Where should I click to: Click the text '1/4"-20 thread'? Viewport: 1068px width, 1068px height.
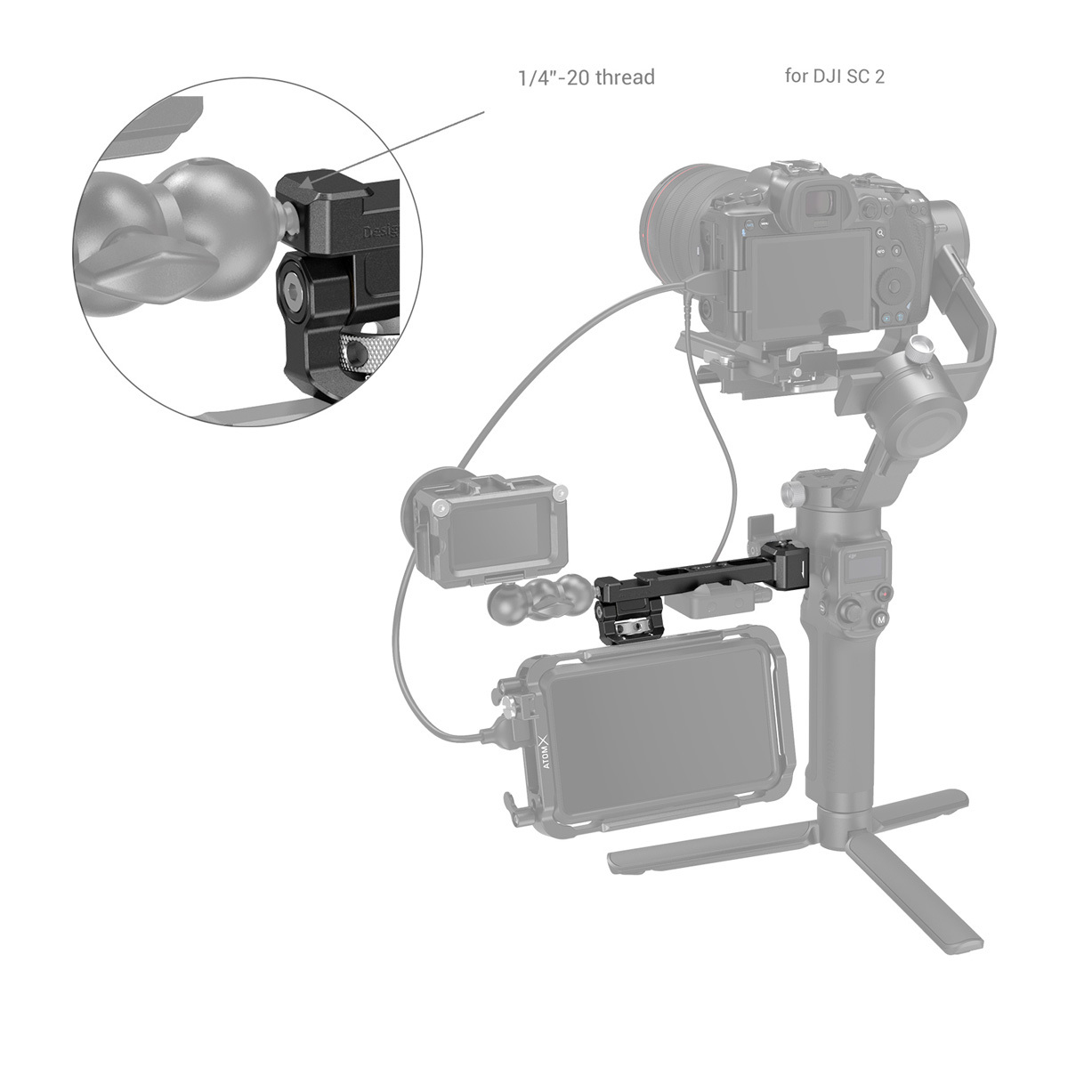pos(586,77)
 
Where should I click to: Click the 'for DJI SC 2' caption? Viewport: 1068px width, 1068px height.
pos(834,76)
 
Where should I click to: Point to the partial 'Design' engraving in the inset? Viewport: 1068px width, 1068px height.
pos(382,233)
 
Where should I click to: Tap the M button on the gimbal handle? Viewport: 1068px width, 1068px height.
pos(880,619)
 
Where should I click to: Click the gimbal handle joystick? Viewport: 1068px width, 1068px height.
pos(854,612)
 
